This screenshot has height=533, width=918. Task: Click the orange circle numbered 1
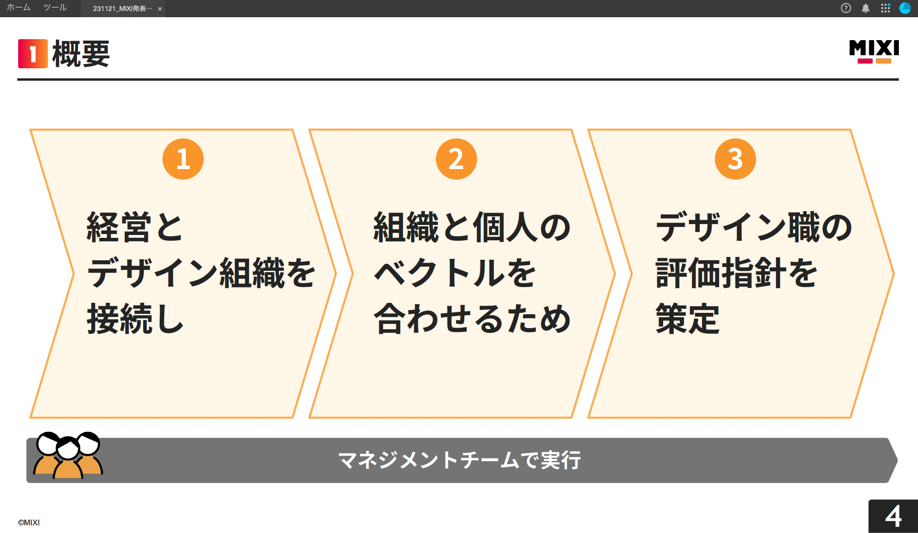pos(183,159)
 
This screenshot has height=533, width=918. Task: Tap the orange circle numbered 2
pos(456,159)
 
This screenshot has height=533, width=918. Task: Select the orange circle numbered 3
pos(735,159)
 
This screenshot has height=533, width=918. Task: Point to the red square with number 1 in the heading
pos(33,54)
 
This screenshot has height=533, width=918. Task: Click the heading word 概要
pos(81,54)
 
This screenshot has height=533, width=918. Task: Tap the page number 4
pos(893,516)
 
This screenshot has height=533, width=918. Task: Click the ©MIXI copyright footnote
pos(29,522)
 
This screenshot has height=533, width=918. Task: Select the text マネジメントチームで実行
pos(459,460)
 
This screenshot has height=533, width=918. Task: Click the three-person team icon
pos(68,456)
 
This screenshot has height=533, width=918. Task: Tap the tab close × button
pos(160,9)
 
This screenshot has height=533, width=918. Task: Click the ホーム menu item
pos(19,8)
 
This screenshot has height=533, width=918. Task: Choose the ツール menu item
pos(55,8)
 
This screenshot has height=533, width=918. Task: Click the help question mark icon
pos(846,8)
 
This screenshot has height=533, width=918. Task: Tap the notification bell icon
pos(865,8)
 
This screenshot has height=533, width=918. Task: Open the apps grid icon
pos(885,8)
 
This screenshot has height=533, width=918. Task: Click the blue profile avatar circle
pos(905,8)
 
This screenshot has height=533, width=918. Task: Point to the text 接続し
pos(135,319)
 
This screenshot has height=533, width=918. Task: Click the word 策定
pos(687,319)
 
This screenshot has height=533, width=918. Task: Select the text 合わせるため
pos(472,319)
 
